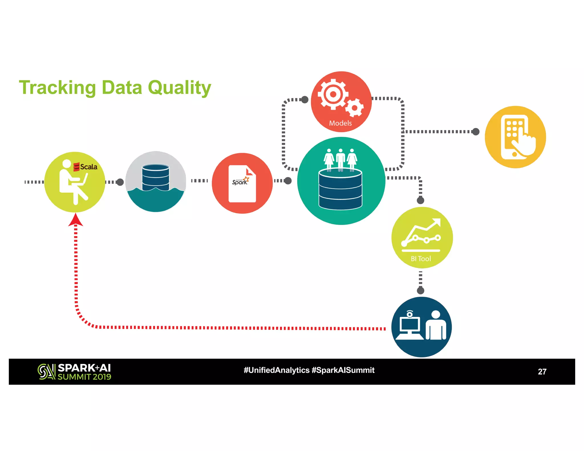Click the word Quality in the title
(x=179, y=88)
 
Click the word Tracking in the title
(x=57, y=88)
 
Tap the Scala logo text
(x=88, y=167)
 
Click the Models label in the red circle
(x=340, y=123)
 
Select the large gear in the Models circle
(x=332, y=94)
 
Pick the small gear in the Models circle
(x=354, y=108)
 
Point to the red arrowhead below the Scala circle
(x=76, y=220)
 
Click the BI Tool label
(x=421, y=259)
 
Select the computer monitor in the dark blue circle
(x=409, y=325)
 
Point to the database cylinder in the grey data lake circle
(x=155, y=177)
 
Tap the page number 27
(x=542, y=372)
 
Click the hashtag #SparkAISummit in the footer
(x=343, y=370)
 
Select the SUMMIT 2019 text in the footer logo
(x=84, y=377)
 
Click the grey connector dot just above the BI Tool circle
(x=420, y=200)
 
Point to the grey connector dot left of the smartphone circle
(x=476, y=132)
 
